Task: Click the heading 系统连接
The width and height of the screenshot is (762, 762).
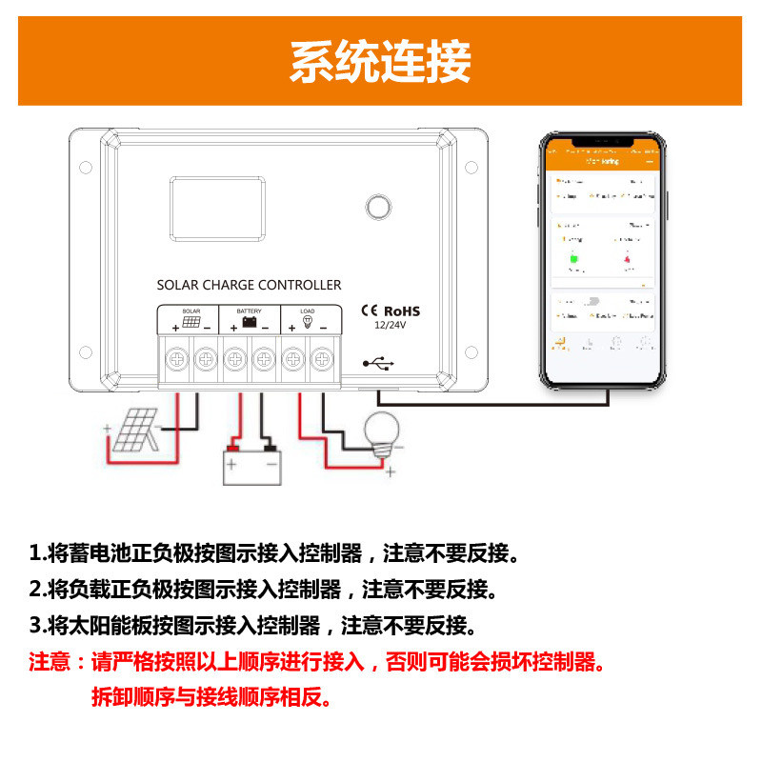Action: pyautogui.click(x=380, y=62)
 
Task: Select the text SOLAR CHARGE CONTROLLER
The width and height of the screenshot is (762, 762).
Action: pyautogui.click(x=249, y=285)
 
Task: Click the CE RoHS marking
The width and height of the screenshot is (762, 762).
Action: pyautogui.click(x=389, y=311)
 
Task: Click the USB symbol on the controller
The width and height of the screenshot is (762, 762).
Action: pyautogui.click(x=378, y=363)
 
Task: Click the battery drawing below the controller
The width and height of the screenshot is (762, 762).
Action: pyautogui.click(x=251, y=464)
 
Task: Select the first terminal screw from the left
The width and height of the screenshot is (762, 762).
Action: pyautogui.click(x=176, y=360)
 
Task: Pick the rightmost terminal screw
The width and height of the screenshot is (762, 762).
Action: pyautogui.click(x=323, y=360)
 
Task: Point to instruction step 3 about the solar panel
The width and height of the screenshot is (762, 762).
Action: pyautogui.click(x=253, y=626)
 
